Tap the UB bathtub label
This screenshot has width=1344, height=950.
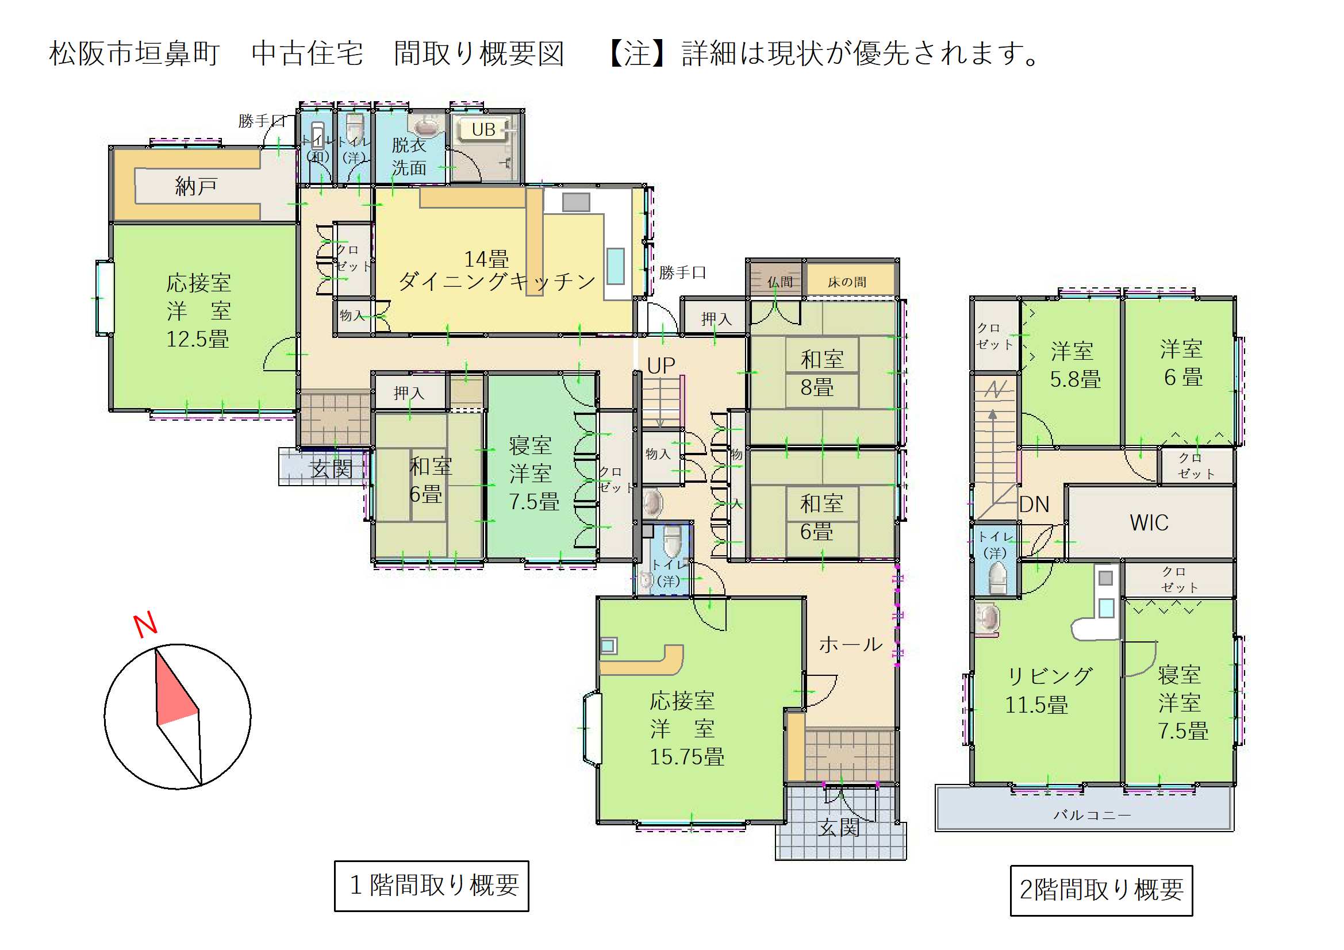[x=483, y=129]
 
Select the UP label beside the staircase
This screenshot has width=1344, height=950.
[x=661, y=366]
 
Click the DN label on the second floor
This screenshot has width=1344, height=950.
[x=1034, y=505]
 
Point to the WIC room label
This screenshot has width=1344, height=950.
[x=1149, y=523]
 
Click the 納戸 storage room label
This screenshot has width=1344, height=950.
[x=196, y=187]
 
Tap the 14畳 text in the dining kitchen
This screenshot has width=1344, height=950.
[x=486, y=259]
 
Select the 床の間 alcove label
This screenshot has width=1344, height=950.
[x=846, y=282]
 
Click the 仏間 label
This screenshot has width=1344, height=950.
[x=779, y=282]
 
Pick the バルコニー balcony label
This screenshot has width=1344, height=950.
[x=1092, y=815]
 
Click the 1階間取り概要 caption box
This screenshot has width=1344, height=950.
[x=431, y=885]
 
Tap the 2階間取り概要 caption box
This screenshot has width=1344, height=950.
[x=1101, y=890]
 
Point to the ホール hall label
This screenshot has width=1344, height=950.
[x=850, y=644]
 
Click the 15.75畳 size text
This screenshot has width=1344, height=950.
[x=686, y=757]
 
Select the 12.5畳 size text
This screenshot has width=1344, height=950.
[x=197, y=340]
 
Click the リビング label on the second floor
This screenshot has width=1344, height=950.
[x=1050, y=676]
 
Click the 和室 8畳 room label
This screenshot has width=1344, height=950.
[x=821, y=373]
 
